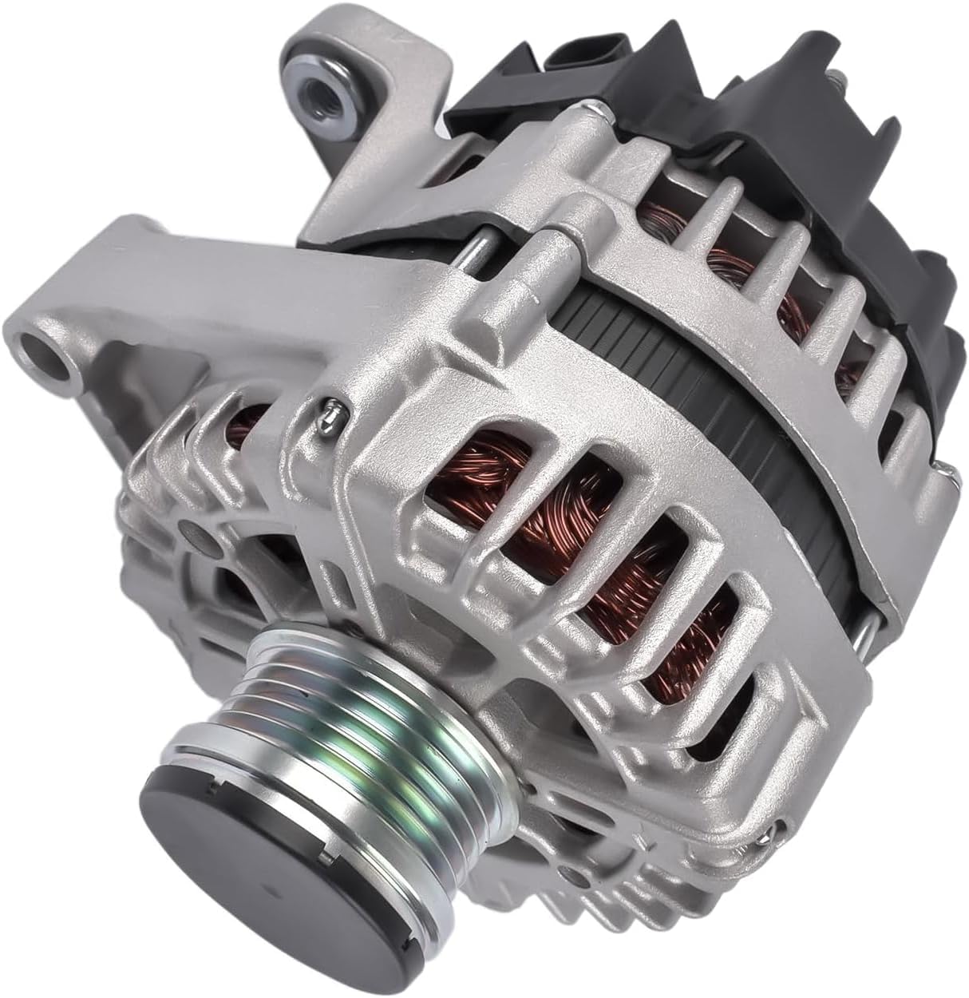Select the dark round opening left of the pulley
(x=231, y=591)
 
